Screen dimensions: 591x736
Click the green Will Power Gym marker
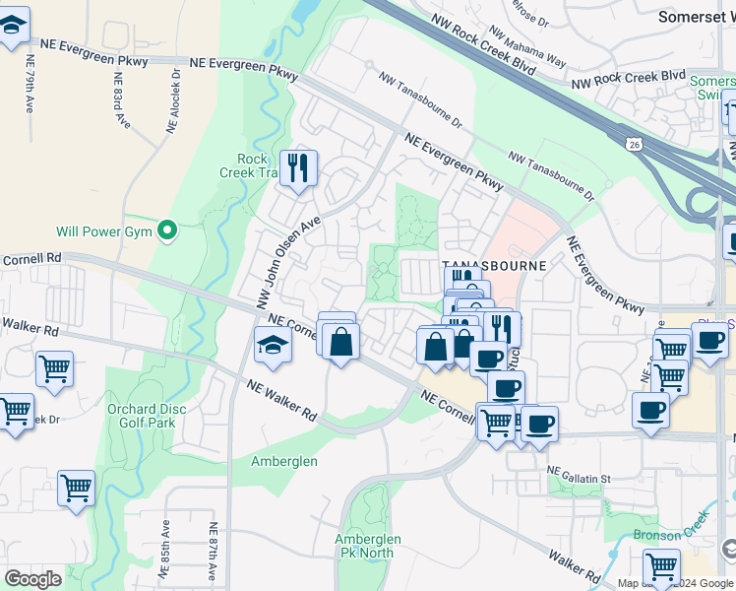click(x=167, y=231)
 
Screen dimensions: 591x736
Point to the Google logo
click(x=33, y=579)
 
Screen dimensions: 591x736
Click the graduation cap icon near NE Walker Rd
click(x=273, y=345)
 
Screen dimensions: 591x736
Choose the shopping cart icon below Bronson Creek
click(x=661, y=566)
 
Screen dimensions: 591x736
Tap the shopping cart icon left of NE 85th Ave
click(x=76, y=487)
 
